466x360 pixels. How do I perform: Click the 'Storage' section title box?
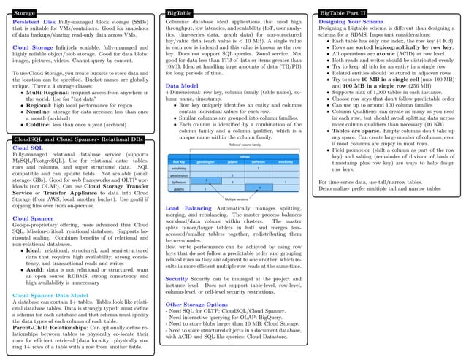(25, 13)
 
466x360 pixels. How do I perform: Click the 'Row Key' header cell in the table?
(178, 161)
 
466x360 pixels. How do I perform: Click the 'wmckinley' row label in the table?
(179, 169)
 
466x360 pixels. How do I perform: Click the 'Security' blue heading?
(176, 258)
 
